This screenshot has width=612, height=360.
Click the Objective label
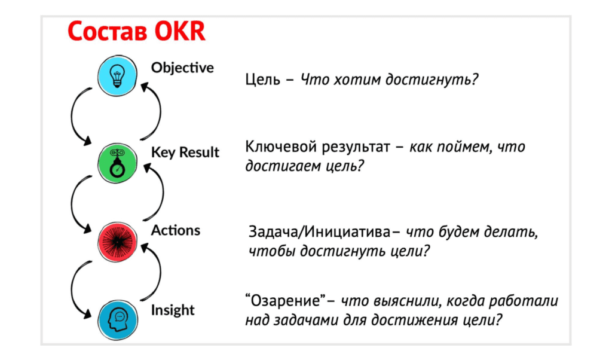click(182, 68)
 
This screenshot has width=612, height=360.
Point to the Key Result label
click(185, 152)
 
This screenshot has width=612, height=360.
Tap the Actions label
click(176, 230)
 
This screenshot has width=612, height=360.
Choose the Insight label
click(173, 310)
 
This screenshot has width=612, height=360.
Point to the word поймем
click(459, 147)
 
